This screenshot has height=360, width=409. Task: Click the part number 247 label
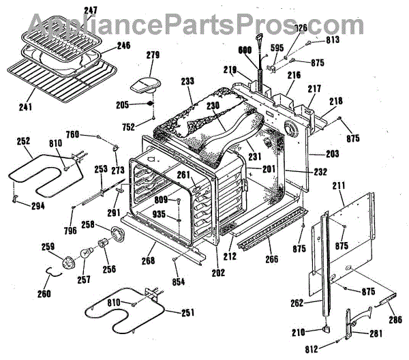coord(91,10)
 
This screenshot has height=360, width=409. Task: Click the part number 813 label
coord(333,40)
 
